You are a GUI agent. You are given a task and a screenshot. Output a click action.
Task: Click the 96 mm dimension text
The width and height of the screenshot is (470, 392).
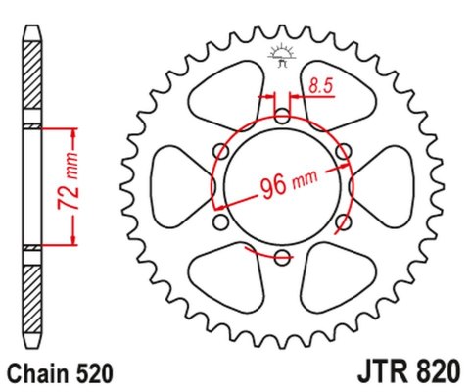click(288, 184)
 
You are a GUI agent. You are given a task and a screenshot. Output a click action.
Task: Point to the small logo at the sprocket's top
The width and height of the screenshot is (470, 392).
click(281, 57)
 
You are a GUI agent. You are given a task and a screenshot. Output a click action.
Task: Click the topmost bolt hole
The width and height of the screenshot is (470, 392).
click(282, 117)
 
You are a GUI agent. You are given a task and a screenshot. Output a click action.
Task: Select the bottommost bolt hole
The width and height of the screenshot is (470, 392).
click(282, 258)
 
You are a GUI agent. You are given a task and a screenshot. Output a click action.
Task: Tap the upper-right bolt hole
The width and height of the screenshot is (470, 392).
click(343, 152)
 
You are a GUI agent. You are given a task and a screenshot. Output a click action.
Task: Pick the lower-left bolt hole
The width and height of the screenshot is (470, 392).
click(221, 222)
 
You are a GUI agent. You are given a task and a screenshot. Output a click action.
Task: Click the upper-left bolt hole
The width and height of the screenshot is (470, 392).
click(221, 152)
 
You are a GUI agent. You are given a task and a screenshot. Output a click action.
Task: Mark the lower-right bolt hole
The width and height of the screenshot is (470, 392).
click(343, 222)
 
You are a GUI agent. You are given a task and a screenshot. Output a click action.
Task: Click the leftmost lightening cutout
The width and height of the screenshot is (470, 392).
click(176, 187)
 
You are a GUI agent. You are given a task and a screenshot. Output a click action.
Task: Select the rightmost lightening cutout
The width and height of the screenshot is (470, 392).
click(388, 187)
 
